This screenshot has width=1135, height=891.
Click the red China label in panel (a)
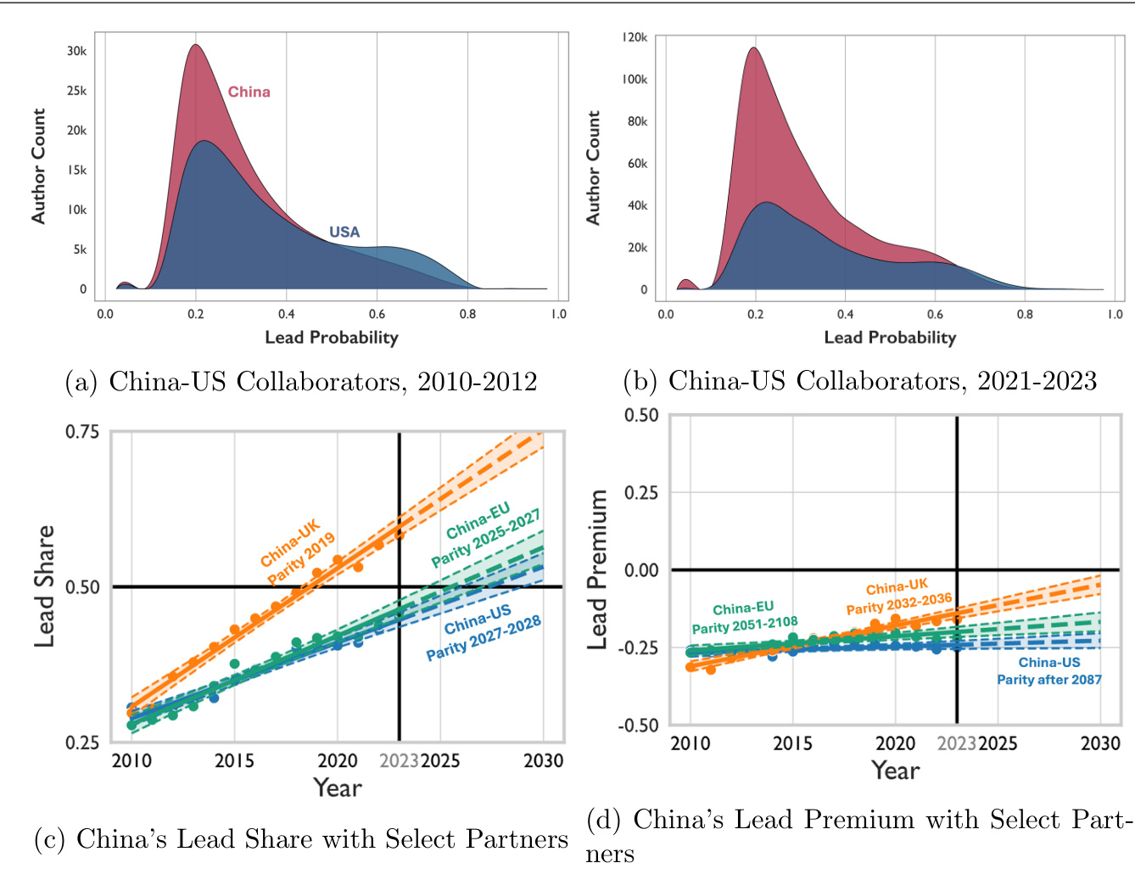tap(249, 92)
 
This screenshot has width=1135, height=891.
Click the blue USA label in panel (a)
tap(344, 232)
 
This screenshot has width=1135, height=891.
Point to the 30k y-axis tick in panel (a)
tap(76, 51)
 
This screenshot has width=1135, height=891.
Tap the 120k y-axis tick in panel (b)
tap(635, 37)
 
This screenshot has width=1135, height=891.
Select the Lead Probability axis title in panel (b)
tap(890, 338)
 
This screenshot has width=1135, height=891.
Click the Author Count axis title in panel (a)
tap(38, 166)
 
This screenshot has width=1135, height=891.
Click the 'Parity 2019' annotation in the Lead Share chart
tap(302, 558)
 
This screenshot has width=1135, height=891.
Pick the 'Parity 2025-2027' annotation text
tap(486, 539)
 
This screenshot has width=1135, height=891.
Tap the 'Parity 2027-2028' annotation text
tap(484, 638)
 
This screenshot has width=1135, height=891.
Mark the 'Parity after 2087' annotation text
tap(1049, 680)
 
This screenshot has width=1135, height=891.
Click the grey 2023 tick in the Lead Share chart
tap(399, 760)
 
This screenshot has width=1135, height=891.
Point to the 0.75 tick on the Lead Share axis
tap(81, 432)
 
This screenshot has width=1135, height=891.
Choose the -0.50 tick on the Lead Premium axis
tap(637, 726)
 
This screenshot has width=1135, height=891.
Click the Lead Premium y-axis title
tap(598, 569)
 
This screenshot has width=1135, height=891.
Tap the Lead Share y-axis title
tap(44, 586)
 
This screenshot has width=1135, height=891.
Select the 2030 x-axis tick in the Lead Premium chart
tap(1100, 743)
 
